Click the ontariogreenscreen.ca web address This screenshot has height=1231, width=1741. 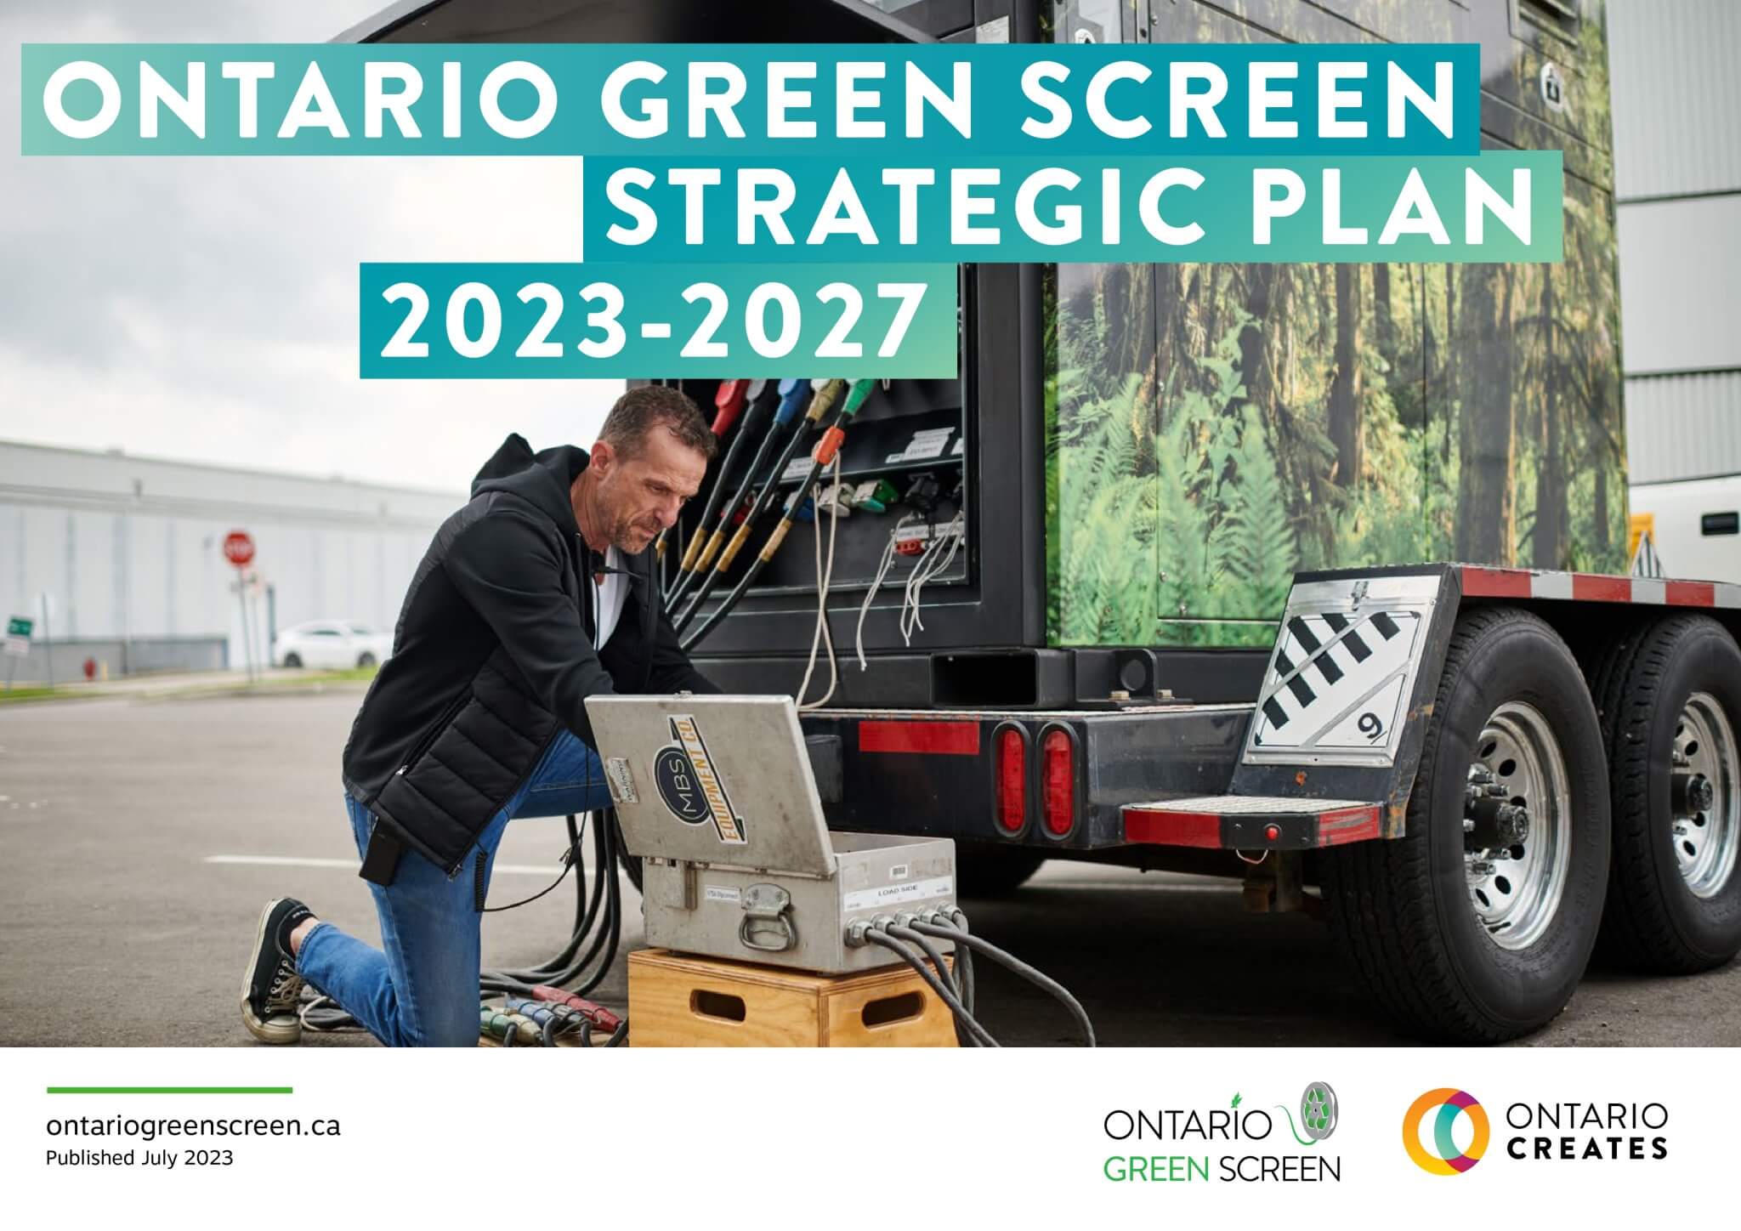click(194, 1126)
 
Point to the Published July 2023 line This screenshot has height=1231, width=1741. click(139, 1158)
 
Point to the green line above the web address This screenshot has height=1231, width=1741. click(170, 1089)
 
